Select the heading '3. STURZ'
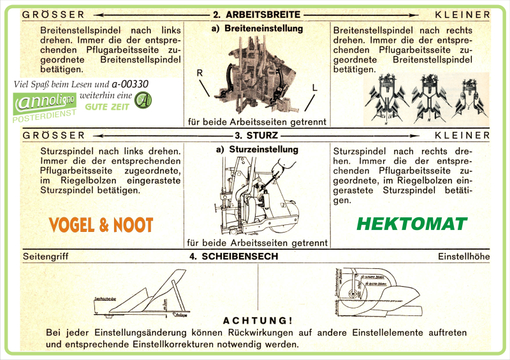pos(257,136)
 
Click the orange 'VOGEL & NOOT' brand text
pos(101,224)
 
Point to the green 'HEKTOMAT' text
pos(411,224)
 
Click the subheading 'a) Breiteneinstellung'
pos(257,29)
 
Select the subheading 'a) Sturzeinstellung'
pos(257,150)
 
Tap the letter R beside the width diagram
pos(200,74)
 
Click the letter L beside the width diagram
pos(314,87)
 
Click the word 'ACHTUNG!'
pos(258,320)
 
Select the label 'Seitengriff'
pos(45,257)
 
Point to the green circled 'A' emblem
pos(144,101)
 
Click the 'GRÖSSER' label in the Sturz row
pos(54,136)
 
